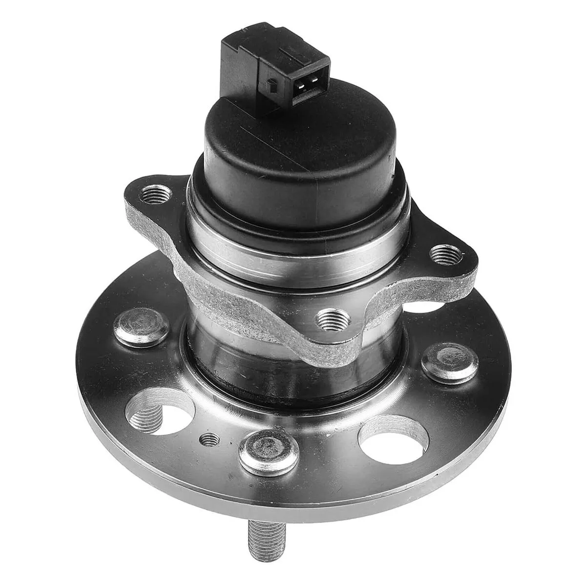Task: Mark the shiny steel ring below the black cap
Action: coord(293,244)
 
